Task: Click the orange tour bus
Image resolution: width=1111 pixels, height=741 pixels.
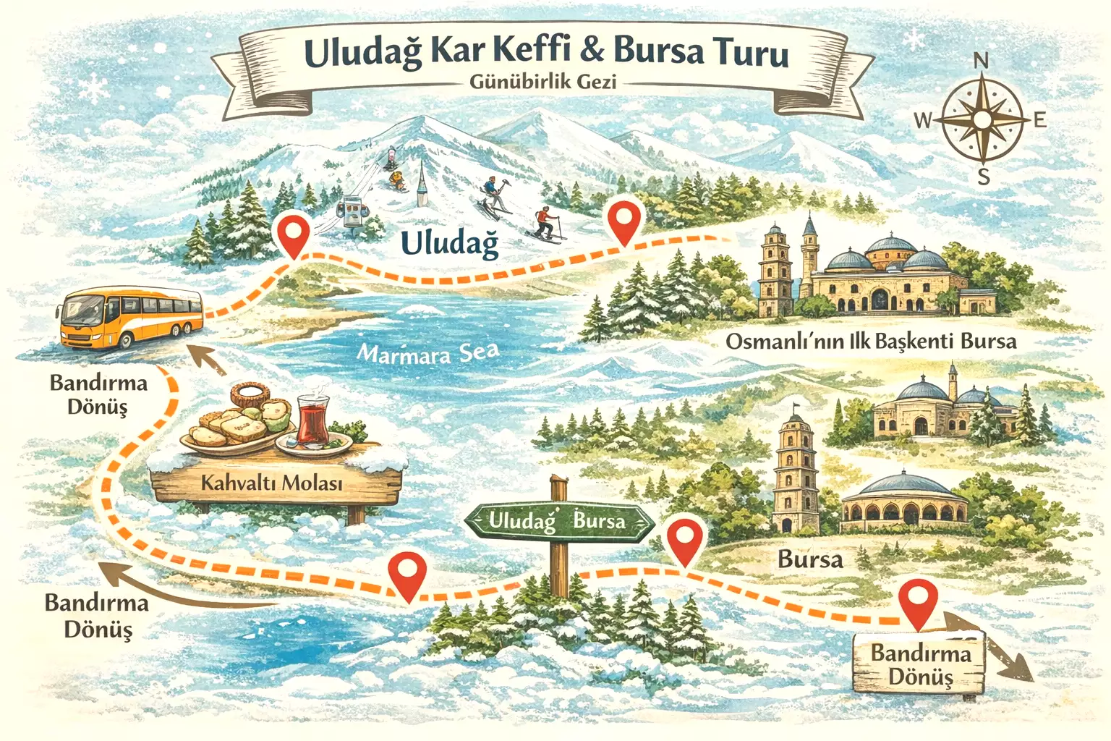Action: tap(130, 318)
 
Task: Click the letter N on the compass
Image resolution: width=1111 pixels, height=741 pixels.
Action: tap(981, 62)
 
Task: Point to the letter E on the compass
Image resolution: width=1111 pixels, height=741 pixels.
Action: tap(1040, 120)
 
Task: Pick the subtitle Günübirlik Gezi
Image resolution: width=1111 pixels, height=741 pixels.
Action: tap(542, 82)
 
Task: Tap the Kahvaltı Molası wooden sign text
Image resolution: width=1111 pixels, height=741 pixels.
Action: tap(271, 483)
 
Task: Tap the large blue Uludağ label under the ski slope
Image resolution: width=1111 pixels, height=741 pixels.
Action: tap(449, 243)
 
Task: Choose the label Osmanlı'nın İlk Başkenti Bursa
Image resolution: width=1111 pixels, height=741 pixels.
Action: tap(871, 342)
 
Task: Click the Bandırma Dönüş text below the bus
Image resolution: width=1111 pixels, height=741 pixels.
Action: tap(98, 394)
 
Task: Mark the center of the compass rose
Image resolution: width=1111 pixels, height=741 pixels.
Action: tap(982, 119)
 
